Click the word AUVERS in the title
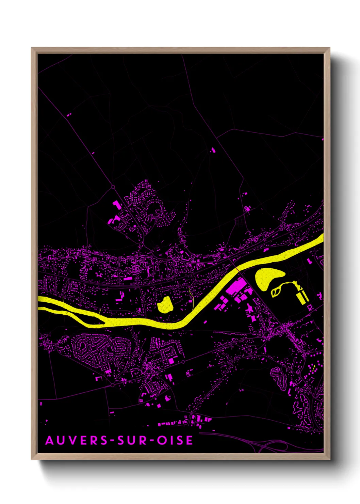pos(76,440)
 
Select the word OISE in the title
pos(175,440)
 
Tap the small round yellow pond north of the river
pos(165,305)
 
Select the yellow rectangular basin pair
pos(302,297)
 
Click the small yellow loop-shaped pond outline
pos(276,291)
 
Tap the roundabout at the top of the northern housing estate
pos(113,187)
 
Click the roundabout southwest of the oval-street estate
pos(112,385)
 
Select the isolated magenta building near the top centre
pos(213,149)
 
